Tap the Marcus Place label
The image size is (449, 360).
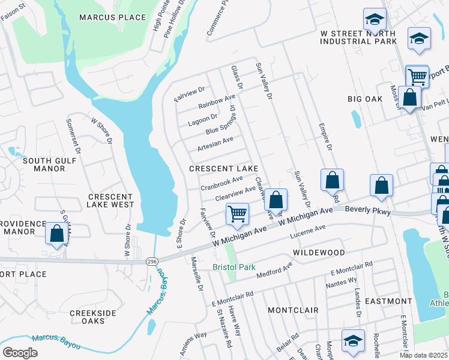coord(113,17)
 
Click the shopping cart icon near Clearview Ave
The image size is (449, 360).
coord(238,214)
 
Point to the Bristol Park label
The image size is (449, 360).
coord(234,266)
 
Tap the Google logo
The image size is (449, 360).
coord(20,353)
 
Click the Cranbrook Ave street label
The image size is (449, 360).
coord(221,181)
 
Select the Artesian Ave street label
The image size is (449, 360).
coord(215,143)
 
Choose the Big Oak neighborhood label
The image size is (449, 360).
coord(365,98)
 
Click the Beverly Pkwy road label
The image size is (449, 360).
coord(369,212)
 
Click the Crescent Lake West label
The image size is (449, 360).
coord(111,200)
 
